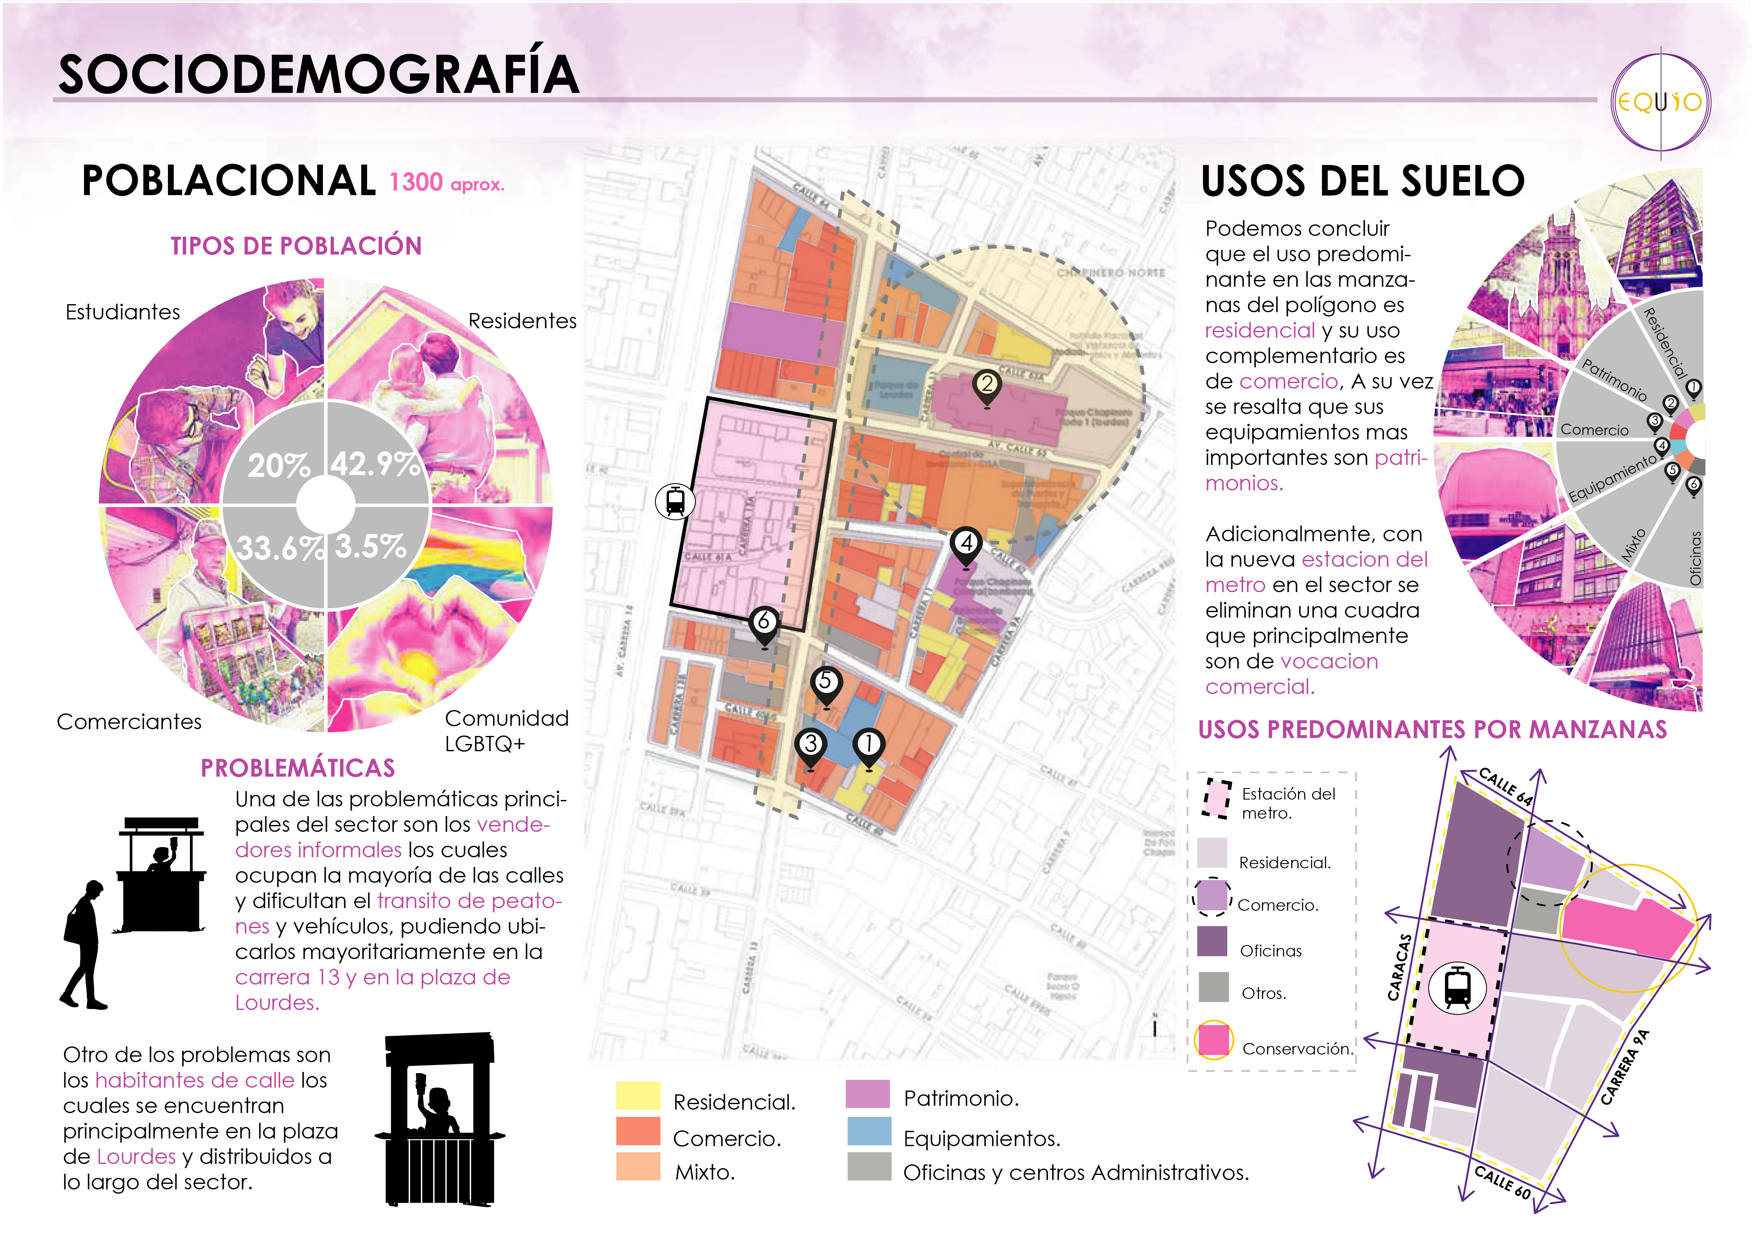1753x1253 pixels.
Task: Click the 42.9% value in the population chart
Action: [376, 464]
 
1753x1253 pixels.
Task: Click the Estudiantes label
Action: [123, 313]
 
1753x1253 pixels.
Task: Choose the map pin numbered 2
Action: [987, 386]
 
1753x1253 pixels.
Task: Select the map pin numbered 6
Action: [764, 624]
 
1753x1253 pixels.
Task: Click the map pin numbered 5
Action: [826, 684]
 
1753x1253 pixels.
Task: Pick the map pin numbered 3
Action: [810, 746]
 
